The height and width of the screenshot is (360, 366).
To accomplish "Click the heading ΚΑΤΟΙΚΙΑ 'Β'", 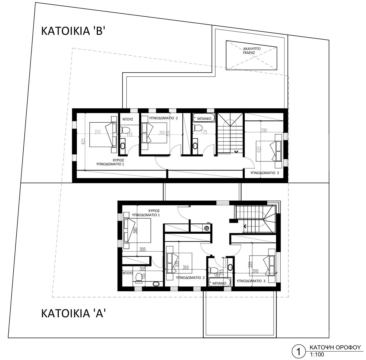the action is point(73,31).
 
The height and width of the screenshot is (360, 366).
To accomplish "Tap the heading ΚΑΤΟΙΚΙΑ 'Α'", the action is point(73,313).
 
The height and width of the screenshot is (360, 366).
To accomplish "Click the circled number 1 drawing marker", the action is point(298,352).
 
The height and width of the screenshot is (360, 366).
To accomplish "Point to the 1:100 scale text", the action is point(317,355).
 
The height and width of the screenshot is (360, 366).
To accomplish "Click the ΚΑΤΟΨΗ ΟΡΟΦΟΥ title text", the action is point(335,348).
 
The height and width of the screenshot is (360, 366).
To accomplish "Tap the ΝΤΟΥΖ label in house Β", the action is point(128,119).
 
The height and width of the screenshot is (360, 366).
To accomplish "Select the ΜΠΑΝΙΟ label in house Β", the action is point(204,119).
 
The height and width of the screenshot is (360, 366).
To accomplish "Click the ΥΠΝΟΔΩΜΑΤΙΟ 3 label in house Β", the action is point(265,173).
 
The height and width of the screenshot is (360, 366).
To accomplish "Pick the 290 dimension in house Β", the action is point(264,130).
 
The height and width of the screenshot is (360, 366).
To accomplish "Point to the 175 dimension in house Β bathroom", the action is point(204,132).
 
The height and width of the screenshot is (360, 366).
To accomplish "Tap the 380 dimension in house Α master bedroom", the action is point(135,231).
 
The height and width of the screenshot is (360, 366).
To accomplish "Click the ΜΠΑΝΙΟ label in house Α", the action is point(219,283).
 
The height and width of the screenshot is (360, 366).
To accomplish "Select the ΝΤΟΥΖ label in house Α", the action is point(128,273).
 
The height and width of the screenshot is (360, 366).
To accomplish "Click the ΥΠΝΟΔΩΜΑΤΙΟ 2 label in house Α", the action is point(190,278).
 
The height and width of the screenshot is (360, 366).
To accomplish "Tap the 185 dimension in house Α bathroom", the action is point(217,275).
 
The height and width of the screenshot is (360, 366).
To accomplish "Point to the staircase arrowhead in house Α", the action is point(245,226).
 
